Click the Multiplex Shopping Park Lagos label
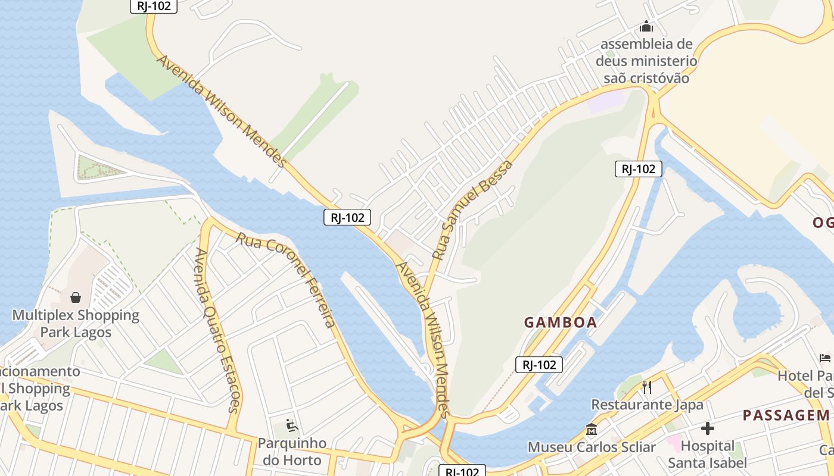click(x=76, y=323)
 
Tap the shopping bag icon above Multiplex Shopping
click(x=76, y=297)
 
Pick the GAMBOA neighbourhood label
click(x=560, y=322)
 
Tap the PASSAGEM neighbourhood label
click(x=786, y=415)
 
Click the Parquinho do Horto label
click(x=292, y=452)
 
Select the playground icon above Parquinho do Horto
click(x=292, y=425)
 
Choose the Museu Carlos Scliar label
click(x=592, y=447)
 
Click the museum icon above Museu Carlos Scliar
click(x=592, y=429)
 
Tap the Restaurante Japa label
click(x=647, y=405)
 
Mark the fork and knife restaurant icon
click(x=647, y=387)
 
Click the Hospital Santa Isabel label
click(x=707, y=454)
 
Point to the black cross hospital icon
click(x=708, y=428)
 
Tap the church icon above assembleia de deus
click(x=646, y=27)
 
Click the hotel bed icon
click(x=825, y=358)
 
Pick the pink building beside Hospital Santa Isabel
click(x=674, y=443)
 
